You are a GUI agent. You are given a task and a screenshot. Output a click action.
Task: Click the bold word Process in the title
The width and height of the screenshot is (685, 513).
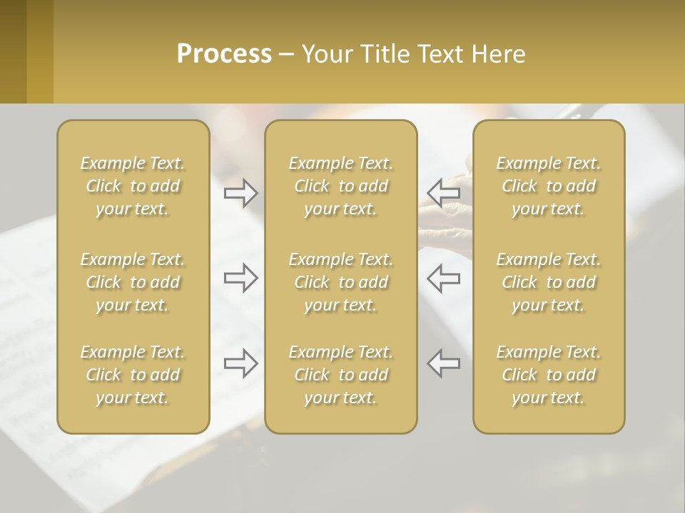pyautogui.click(x=224, y=54)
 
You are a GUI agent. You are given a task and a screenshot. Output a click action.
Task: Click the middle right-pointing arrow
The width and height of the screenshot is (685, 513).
pyautogui.click(x=241, y=278)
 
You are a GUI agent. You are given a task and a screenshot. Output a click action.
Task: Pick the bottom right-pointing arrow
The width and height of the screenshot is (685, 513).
pyautogui.click(x=241, y=363)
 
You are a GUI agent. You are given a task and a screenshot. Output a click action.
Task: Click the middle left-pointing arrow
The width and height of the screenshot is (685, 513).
pyautogui.click(x=444, y=278)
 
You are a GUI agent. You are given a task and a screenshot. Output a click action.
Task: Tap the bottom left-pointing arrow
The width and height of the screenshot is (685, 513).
pyautogui.click(x=444, y=363)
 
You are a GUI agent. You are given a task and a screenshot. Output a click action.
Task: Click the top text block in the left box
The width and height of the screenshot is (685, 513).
pyautogui.click(x=133, y=186)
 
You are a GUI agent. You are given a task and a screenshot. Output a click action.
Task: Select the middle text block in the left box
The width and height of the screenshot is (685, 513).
pyautogui.click(x=133, y=282)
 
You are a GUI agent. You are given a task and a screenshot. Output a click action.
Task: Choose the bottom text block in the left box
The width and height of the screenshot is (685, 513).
pyautogui.click(x=133, y=375)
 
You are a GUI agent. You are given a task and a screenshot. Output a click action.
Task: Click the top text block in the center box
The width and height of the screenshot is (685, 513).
pyautogui.click(x=340, y=186)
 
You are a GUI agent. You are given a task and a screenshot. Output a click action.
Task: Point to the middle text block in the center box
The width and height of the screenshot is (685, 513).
pyautogui.click(x=340, y=282)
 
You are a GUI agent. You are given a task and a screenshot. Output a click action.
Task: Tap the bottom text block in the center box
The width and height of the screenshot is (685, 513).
pyautogui.click(x=340, y=375)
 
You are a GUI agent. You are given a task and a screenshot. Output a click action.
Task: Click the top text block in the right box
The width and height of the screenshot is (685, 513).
pyautogui.click(x=548, y=186)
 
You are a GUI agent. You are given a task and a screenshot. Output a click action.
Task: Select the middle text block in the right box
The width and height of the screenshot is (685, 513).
pyautogui.click(x=548, y=282)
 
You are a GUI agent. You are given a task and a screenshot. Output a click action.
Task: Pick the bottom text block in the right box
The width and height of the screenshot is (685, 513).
pyautogui.click(x=548, y=375)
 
